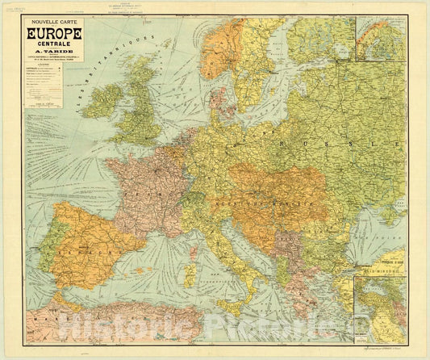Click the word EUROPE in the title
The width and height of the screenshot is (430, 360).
pyautogui.click(x=55, y=35)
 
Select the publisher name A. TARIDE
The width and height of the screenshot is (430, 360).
pyautogui.click(x=55, y=54)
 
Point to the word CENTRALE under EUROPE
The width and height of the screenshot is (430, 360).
pyautogui.click(x=55, y=45)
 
